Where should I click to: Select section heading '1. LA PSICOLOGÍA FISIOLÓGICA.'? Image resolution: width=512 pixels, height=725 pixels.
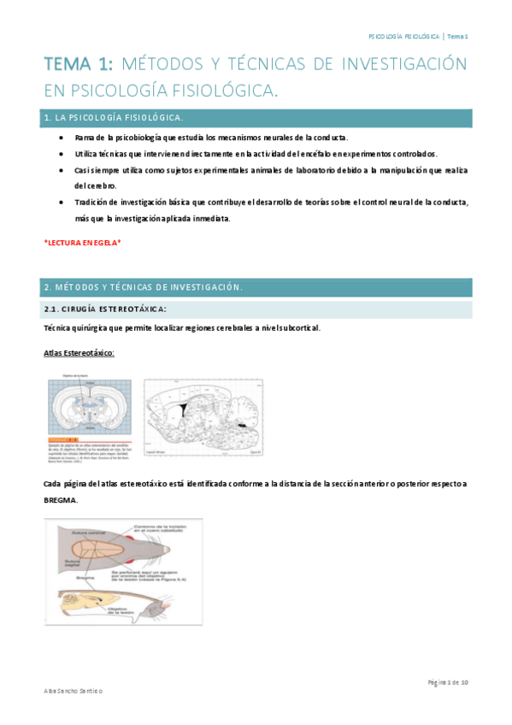113,116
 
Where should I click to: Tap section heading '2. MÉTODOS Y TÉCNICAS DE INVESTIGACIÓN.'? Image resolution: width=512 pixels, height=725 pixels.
143,287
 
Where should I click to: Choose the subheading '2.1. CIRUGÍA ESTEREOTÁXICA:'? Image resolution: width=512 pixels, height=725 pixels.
105,309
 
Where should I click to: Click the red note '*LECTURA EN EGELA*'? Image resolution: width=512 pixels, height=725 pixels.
82,243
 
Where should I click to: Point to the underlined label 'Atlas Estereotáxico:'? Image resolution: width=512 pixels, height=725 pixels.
79,352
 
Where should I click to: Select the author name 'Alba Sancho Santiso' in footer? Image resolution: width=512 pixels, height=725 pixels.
73,689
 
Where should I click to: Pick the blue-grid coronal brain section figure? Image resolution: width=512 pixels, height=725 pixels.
88,408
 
